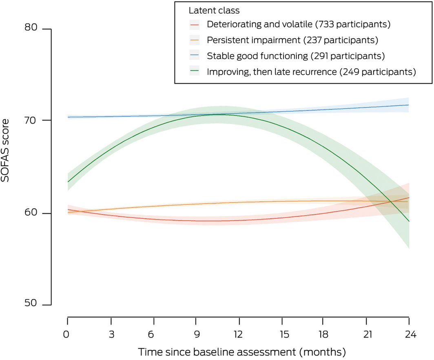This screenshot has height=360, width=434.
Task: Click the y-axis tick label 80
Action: pyautogui.click(x=32, y=29)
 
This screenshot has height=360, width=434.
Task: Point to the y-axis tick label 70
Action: pyautogui.click(x=32, y=120)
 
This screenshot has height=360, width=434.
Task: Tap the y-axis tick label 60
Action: pyautogui.click(x=32, y=213)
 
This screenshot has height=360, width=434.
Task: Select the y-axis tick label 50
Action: pyautogui.click(x=32, y=304)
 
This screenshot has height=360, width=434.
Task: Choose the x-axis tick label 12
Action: pyautogui.click(x=238, y=335)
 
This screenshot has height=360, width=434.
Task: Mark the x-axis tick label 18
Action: pyautogui.click(x=323, y=335)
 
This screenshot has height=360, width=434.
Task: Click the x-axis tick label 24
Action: pyautogui.click(x=409, y=335)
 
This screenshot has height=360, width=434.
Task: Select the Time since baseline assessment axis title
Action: pyautogui.click(x=241, y=351)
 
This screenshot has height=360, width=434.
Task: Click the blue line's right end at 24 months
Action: pyautogui.click(x=409, y=105)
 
